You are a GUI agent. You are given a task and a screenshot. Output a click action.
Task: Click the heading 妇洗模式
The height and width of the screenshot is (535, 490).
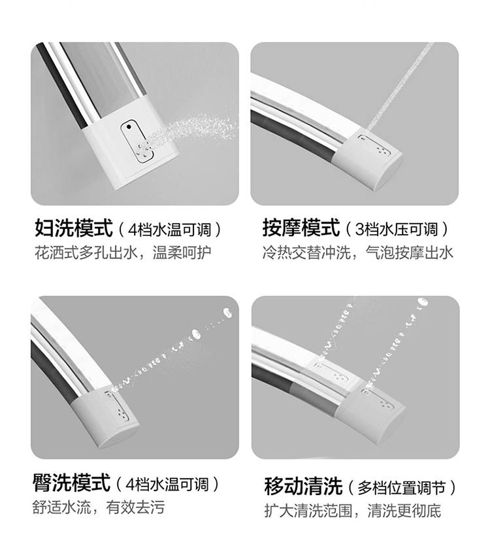click(x=74, y=228)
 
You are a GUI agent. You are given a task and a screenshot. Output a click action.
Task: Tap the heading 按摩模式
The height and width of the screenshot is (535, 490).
click(x=301, y=228)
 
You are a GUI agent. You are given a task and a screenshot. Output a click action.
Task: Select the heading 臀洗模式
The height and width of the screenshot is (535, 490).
click(x=72, y=483)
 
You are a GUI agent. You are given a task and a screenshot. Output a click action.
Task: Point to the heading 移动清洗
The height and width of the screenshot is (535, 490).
click(x=303, y=486)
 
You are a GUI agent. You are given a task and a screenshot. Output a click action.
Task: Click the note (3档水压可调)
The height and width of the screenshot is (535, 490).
click(x=397, y=230)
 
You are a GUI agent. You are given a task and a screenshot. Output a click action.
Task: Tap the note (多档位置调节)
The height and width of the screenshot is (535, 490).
click(x=402, y=487)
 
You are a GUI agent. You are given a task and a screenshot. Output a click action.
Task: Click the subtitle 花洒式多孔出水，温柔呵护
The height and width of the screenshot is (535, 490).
click(x=123, y=253)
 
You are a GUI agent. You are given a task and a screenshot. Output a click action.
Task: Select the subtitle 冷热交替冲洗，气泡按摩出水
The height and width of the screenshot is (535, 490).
click(x=358, y=253)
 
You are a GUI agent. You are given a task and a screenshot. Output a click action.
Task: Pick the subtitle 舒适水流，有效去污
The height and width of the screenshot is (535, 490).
click(x=99, y=507)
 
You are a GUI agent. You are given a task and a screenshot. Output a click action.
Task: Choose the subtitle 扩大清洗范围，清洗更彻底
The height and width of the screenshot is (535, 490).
click(x=353, y=511)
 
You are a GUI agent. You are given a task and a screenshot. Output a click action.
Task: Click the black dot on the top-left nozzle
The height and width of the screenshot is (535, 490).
click(x=129, y=127)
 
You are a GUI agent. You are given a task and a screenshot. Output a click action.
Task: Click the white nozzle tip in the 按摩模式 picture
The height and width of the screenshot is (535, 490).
click(x=370, y=158)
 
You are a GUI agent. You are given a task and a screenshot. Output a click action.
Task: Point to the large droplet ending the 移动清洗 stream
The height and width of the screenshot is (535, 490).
click(x=423, y=302)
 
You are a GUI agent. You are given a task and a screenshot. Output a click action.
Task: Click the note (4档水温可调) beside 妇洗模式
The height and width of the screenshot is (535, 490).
click(x=169, y=230)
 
